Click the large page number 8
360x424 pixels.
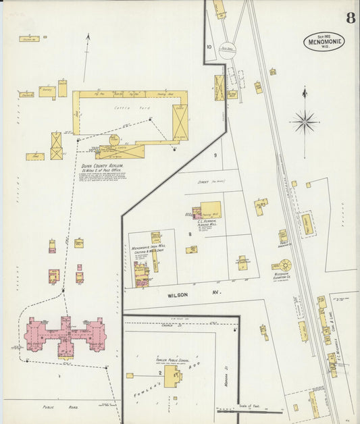coord(351,18)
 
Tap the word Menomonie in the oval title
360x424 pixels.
coord(324,43)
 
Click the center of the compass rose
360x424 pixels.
coord(305,122)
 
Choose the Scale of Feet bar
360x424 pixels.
coord(249,410)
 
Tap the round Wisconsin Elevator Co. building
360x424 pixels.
coord(286,265)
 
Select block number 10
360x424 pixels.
coord(209,47)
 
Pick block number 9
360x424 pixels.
coord(215,156)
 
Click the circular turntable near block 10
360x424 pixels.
coord(228,50)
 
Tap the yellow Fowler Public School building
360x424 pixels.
coord(172,376)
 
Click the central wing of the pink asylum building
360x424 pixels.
coord(66,336)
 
